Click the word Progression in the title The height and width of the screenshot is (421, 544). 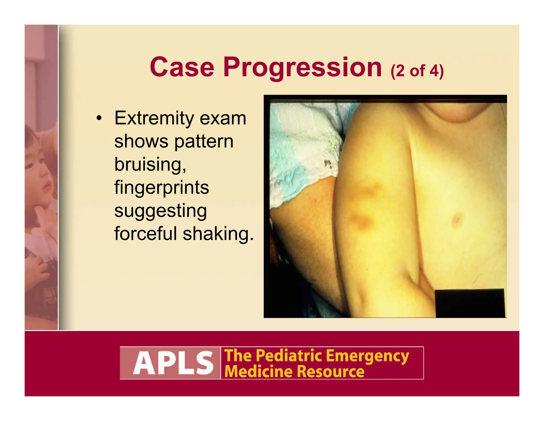tap(303, 68)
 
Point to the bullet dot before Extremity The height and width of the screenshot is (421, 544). tap(99, 118)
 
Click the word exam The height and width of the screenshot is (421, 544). tap(223, 118)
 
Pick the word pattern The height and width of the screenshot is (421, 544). tap(204, 142)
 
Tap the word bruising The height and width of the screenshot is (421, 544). tap(150, 164)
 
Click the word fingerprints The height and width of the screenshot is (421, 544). tap(161, 188)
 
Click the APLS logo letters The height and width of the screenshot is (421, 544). tap(173, 363)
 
